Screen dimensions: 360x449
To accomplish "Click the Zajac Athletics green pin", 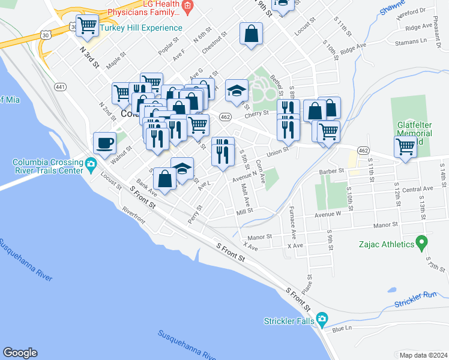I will tap(422, 244).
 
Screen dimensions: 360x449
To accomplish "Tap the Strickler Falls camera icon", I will tap(322, 319).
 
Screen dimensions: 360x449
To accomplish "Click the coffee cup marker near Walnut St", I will tap(105, 143).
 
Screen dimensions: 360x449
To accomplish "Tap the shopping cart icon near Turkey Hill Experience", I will tap(88, 25).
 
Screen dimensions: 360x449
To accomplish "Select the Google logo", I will tap(20, 353).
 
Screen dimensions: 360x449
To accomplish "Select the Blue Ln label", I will tap(341, 328).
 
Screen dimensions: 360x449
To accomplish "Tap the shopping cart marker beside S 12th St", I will tap(405, 145).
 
